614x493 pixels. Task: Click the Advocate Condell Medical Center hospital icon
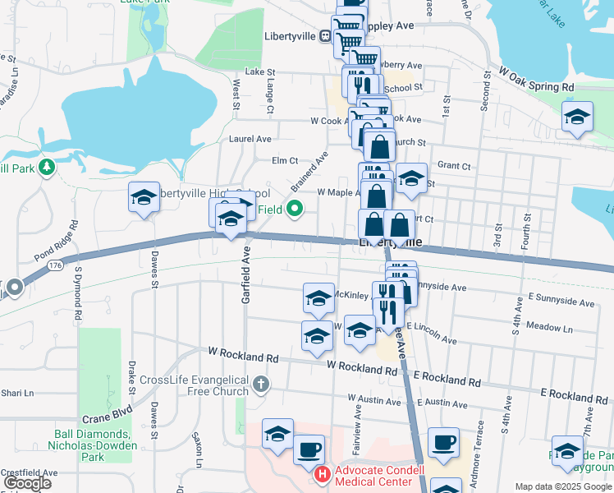[323, 475]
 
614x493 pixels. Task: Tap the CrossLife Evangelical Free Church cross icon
[260, 384]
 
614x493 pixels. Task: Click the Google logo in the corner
[26, 482]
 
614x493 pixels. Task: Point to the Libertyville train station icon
[325, 36]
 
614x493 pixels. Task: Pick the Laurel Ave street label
[250, 140]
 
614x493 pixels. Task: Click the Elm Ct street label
[285, 159]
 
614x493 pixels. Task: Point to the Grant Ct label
[455, 165]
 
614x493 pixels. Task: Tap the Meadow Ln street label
[548, 328]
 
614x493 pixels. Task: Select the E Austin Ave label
[442, 403]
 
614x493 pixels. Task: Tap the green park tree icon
[47, 168]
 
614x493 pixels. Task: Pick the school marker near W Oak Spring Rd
[577, 117]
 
